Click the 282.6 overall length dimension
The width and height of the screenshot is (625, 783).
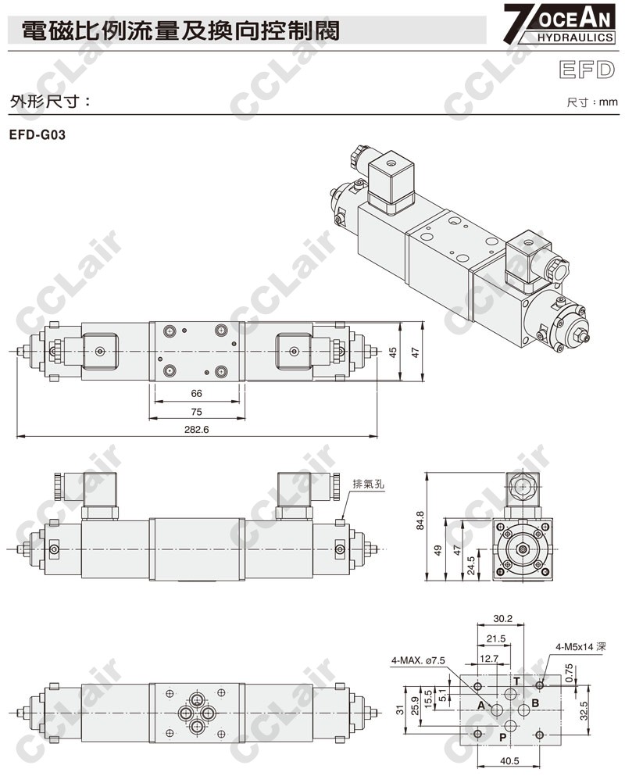(x=196, y=430)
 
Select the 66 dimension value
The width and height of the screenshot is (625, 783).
(x=196, y=394)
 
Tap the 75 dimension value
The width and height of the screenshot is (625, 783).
(x=196, y=412)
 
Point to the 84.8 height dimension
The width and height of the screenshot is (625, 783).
(x=420, y=520)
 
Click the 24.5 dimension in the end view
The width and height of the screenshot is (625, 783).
(x=471, y=566)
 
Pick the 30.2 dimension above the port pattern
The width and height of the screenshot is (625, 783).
(x=502, y=619)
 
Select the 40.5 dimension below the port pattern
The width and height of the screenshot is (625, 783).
(x=509, y=761)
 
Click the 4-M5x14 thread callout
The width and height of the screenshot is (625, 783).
(x=580, y=647)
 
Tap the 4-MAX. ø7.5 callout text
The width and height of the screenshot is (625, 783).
(x=418, y=660)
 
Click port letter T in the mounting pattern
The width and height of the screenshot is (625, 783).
(x=516, y=681)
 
